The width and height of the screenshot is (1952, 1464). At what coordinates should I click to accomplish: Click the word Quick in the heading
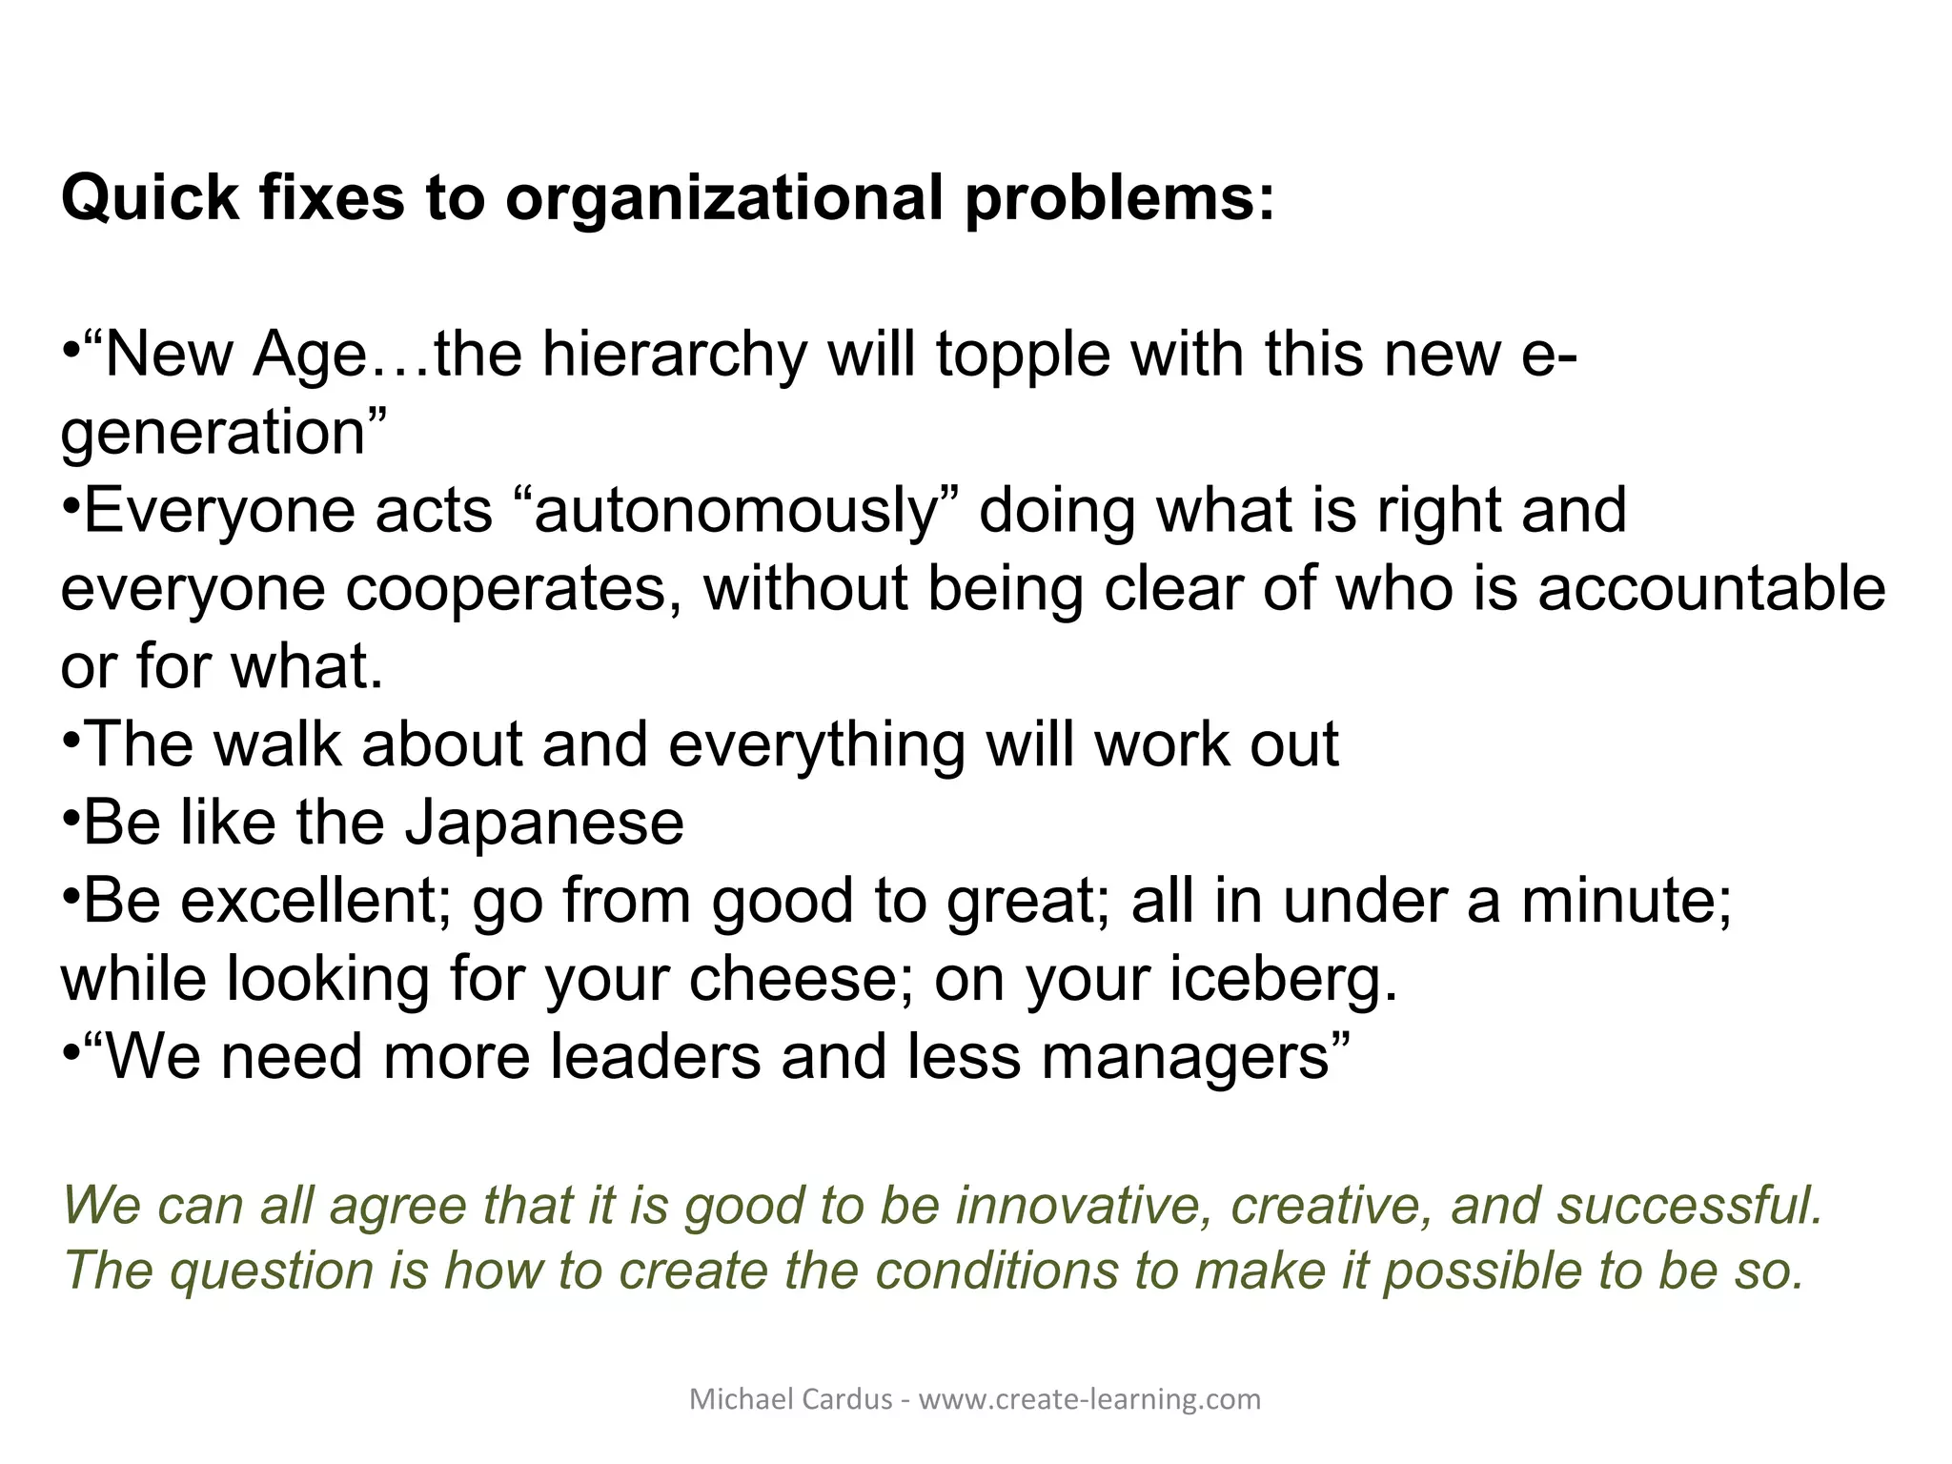150,198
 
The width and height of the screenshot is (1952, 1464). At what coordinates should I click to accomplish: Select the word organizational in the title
724,198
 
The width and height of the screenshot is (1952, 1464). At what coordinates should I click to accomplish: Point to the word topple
1024,355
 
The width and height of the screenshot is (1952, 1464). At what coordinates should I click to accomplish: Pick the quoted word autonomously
738,511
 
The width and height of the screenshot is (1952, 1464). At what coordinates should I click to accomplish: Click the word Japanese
544,823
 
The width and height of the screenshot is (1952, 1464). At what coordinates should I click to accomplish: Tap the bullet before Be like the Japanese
71,818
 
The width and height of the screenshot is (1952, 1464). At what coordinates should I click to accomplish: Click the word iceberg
1273,979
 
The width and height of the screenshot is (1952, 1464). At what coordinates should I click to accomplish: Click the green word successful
1689,1205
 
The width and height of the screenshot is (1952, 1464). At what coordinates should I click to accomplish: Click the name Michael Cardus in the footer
790,1399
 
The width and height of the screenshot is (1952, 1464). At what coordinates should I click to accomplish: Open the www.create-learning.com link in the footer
1089,1399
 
